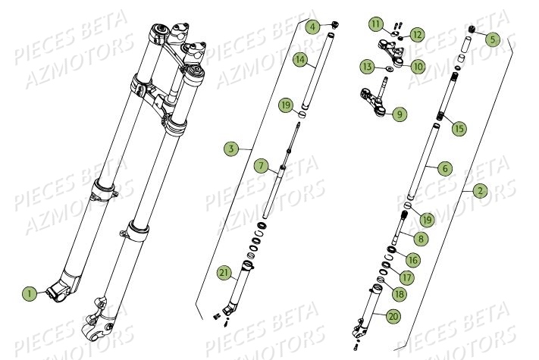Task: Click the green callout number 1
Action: tap(29, 293)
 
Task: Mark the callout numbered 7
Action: tap(260, 165)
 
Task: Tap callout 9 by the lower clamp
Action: tap(399, 114)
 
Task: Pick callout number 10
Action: tap(418, 67)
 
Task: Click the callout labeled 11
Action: tap(377, 25)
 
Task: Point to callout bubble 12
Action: tap(418, 35)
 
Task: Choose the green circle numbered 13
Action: tap(367, 67)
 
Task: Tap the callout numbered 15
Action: tap(459, 128)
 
